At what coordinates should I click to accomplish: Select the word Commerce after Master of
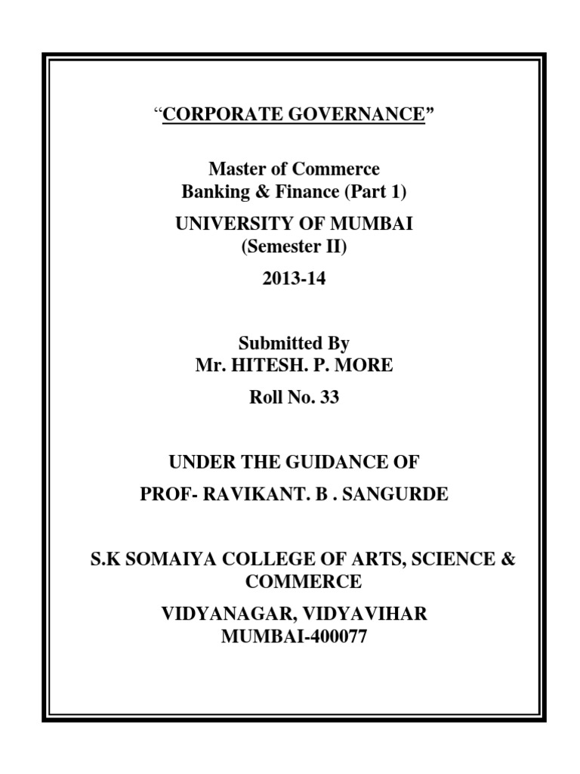click(342, 169)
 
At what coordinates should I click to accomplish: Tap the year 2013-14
click(294, 279)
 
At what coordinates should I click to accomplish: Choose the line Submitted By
click(294, 343)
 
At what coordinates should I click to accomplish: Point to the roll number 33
click(330, 398)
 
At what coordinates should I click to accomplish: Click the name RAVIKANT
click(255, 494)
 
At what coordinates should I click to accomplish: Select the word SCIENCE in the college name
click(440, 560)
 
